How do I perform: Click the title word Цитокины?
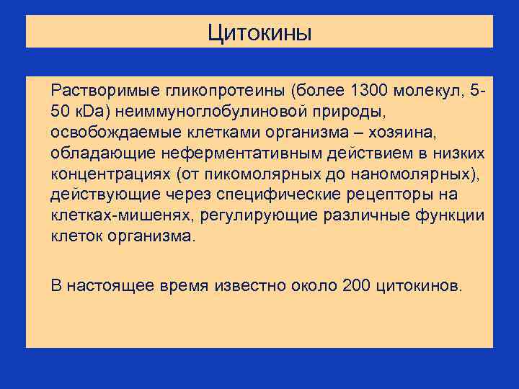click(x=259, y=32)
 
